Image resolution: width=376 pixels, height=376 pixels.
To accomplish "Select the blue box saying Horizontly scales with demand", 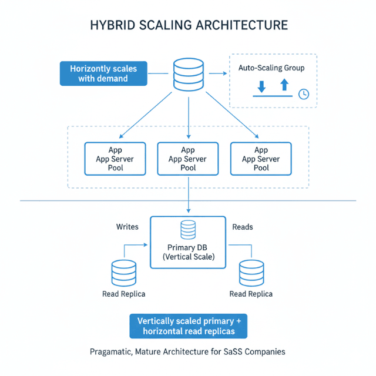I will coord(103,73).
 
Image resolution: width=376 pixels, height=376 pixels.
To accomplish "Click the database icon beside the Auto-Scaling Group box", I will coord(188,73).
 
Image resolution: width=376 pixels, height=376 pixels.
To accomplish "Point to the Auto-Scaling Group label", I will coord(271,68).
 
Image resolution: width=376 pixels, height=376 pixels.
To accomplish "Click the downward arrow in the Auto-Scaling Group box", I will coord(261,86).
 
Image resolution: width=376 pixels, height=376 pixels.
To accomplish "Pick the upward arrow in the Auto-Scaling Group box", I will coord(284,85).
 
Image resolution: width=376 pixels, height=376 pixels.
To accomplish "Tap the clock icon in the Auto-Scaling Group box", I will coord(303,94).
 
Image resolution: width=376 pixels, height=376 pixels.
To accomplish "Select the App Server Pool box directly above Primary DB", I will coord(188,159).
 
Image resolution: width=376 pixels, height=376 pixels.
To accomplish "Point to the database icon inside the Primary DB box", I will coord(188,230).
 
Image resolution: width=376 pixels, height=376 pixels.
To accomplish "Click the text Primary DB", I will coord(187,247).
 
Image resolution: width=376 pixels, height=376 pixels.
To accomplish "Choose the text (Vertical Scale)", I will coord(188,257).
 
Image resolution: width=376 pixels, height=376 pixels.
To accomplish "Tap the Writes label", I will coord(127,226).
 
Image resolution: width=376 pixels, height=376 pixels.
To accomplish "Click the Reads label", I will coord(243,226).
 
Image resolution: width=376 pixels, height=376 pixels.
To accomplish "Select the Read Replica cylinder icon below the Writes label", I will coord(124,272).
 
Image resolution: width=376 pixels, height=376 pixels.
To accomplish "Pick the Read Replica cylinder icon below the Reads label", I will coord(251,273).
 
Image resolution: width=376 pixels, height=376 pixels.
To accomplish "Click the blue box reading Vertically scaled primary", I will coord(188,326).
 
